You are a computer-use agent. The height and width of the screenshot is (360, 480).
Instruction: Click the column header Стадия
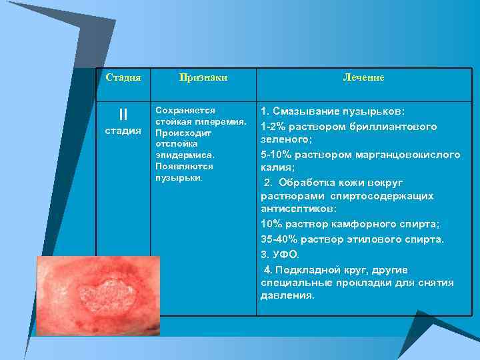coord(123,77)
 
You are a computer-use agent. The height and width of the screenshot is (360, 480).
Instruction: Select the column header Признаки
coord(203,77)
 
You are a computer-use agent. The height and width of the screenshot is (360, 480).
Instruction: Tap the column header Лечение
coord(363,77)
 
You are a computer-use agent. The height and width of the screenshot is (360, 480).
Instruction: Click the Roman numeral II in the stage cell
coord(123,115)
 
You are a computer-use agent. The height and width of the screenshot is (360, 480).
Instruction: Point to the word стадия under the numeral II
coord(123,130)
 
